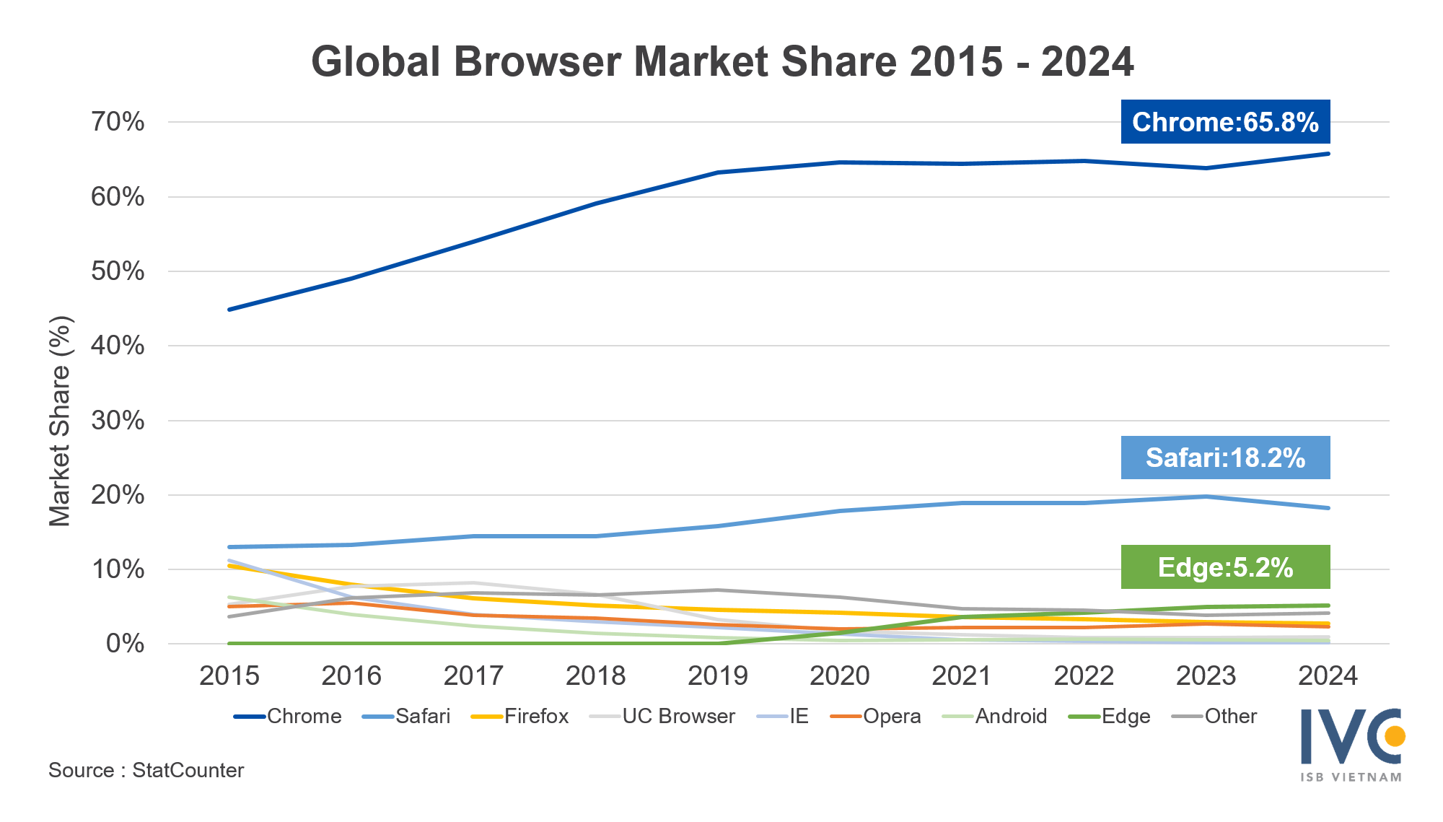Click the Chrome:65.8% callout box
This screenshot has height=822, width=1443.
tap(1225, 122)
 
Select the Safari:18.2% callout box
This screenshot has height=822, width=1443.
tap(1225, 458)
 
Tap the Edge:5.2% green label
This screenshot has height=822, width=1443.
tap(1225, 567)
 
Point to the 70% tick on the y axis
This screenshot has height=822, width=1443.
tap(118, 122)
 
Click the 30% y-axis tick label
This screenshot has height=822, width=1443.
tap(118, 421)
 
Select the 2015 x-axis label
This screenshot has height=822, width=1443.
tap(229, 676)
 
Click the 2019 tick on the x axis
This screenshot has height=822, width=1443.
tap(718, 676)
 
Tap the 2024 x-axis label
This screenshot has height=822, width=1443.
tap(1328, 676)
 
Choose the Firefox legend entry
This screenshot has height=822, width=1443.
tap(536, 716)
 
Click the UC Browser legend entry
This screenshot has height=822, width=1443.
tap(678, 716)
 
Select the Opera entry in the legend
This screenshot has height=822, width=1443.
tap(892, 716)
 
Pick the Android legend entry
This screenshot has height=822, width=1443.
tap(1011, 716)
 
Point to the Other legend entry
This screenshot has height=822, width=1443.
tap(1230, 716)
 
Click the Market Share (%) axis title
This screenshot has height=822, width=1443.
tap(60, 421)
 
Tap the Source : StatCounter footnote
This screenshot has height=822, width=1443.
tap(146, 770)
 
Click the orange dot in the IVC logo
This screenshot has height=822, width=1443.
tap(1395, 736)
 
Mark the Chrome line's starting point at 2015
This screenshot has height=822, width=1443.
tap(229, 310)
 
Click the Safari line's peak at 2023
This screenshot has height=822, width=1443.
tap(1206, 497)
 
